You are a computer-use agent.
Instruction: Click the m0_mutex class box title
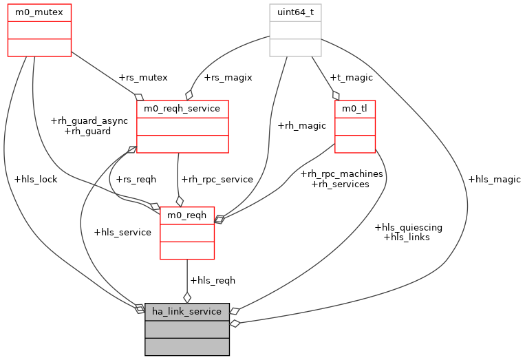pos(39,12)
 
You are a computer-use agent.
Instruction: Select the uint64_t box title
pos(295,12)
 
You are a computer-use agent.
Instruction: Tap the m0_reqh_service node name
pos(182,109)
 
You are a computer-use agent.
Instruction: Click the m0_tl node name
pos(355,109)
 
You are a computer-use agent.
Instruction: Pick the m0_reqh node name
pos(187,215)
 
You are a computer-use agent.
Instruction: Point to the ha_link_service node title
pos(187,312)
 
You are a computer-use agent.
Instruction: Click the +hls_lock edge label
pos(35,179)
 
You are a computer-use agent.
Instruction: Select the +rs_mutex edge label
pos(143,77)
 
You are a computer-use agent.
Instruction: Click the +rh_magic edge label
pos(301,125)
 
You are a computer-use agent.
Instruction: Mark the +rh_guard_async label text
pos(89,120)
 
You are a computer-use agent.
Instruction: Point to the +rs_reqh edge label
pos(136,179)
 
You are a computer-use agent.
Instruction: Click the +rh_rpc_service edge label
pos(217,179)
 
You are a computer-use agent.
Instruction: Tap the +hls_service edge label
pos(122,232)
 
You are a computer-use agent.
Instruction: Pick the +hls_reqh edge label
pos(212,280)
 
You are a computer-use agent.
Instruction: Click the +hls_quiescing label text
pos(408,226)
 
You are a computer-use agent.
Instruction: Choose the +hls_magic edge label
pos(494,179)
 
